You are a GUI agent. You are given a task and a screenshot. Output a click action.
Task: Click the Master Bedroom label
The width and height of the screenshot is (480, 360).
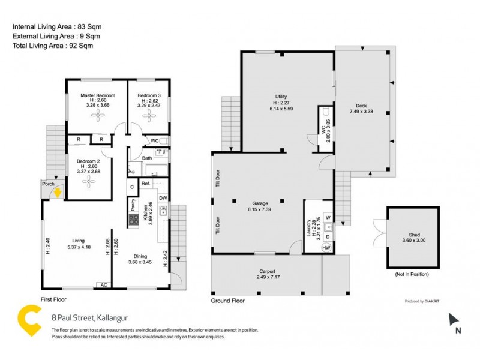[97, 95]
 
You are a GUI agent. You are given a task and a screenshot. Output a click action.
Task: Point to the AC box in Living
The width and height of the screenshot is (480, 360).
[103, 285]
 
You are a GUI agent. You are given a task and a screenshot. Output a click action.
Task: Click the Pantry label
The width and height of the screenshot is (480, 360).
[133, 205]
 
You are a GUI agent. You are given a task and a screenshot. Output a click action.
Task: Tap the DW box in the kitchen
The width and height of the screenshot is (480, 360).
[163, 199]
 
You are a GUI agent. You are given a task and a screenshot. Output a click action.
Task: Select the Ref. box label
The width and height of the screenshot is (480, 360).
[145, 184]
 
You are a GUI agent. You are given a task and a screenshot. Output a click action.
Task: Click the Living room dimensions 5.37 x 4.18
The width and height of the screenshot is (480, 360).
[78, 247]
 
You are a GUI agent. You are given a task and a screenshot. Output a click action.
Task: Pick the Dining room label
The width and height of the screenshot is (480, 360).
[140, 255]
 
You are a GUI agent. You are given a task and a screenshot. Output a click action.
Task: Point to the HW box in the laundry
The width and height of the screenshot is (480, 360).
[326, 247]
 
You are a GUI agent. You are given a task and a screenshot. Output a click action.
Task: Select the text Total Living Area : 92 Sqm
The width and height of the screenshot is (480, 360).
[53, 45]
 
